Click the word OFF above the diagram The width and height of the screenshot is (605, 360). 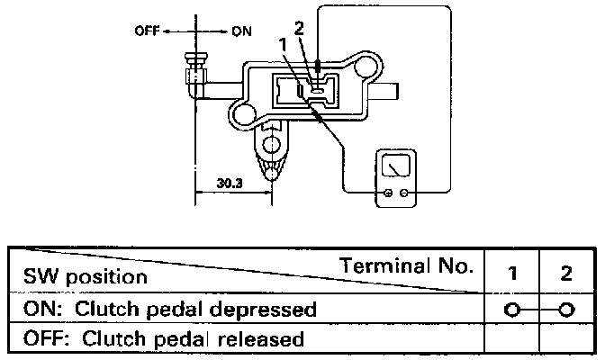[x=146, y=31]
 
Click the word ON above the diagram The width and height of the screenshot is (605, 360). [x=241, y=31]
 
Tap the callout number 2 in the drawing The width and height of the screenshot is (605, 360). [x=299, y=27]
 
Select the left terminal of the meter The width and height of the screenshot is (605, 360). [x=388, y=193]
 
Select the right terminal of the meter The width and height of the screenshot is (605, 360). [x=405, y=193]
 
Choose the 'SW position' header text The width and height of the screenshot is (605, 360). [x=86, y=276]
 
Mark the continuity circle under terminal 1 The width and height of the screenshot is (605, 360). [x=511, y=310]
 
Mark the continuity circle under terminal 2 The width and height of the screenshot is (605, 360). [x=565, y=310]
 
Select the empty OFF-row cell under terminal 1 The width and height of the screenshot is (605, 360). [x=511, y=339]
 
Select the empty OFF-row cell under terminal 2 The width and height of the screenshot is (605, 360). [x=565, y=339]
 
